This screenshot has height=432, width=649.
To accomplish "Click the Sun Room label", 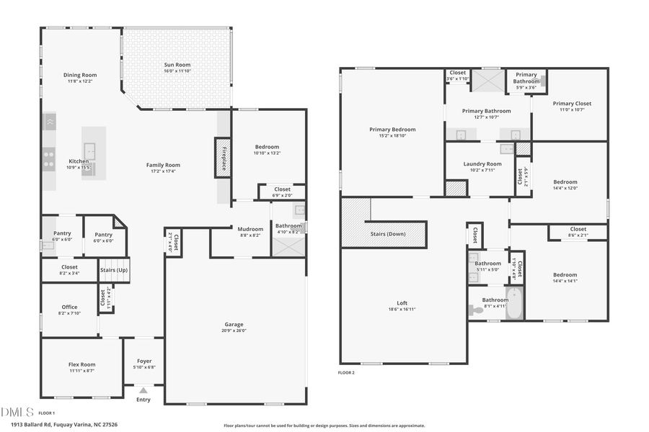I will click(176, 65).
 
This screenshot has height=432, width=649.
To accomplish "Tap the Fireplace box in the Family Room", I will click(223, 157).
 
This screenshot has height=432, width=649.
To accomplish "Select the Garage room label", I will click(234, 325).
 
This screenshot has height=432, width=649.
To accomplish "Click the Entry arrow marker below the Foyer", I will click(144, 390).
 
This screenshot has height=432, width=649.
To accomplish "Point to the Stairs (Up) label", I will click(113, 270).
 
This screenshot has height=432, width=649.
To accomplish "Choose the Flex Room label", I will click(81, 364).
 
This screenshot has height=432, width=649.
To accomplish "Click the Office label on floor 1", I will click(69, 307).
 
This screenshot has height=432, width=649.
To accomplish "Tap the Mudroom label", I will click(250, 229).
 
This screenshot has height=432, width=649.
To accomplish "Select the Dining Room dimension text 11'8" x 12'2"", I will click(79, 81).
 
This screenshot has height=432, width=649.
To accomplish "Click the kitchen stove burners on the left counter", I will click(49, 158).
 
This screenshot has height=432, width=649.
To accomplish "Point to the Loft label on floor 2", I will click(402, 303).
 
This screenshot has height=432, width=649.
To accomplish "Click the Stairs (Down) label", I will click(387, 234).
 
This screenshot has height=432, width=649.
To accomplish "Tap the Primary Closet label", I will click(572, 104).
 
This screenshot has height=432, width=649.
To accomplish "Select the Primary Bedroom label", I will click(392, 130).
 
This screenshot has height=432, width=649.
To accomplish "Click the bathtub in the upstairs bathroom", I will click(513, 304).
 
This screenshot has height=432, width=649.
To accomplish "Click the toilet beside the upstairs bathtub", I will click(477, 310).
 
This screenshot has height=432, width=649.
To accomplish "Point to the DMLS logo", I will click(17, 413).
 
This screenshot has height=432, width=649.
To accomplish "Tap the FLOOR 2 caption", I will click(347, 373).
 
